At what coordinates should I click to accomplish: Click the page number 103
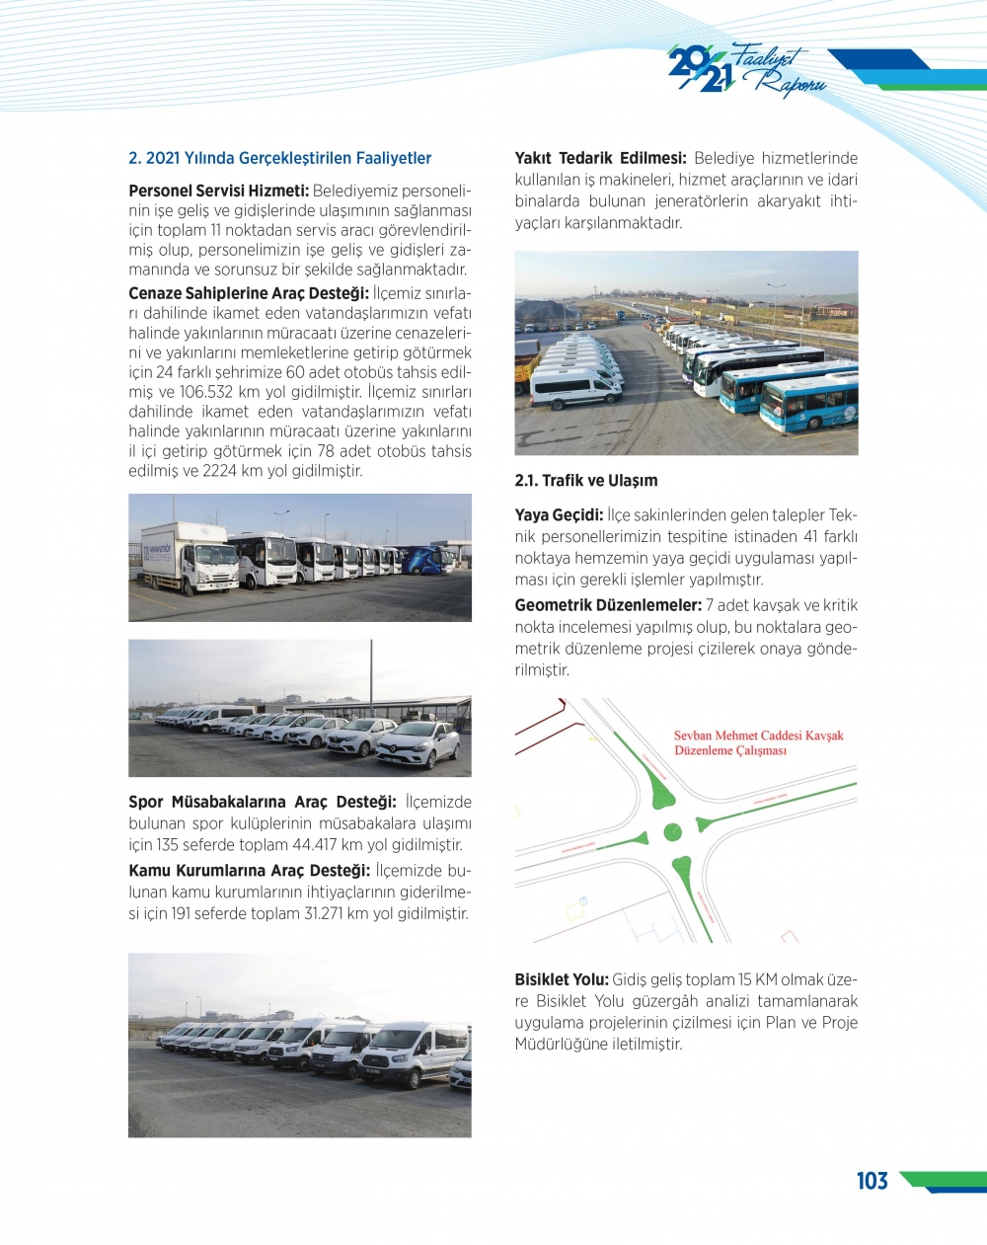point(872,1181)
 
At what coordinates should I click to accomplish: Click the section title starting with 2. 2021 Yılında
point(279,158)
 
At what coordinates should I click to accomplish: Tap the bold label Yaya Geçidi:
point(559,515)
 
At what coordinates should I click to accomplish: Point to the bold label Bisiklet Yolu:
point(561,979)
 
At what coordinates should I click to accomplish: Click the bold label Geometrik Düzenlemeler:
point(608,605)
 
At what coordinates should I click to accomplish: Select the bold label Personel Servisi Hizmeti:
point(218,191)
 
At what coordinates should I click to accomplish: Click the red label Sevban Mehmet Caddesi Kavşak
point(758,736)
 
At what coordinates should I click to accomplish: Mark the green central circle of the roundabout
point(672,832)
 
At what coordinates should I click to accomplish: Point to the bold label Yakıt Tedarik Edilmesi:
point(600,158)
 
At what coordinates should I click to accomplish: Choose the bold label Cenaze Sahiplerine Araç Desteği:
point(249,293)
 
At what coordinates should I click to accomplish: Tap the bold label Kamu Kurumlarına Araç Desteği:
point(249,871)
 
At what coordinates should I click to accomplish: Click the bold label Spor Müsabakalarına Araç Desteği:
point(262,802)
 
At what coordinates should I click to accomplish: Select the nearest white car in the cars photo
point(418,743)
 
